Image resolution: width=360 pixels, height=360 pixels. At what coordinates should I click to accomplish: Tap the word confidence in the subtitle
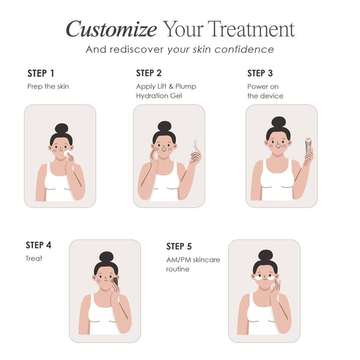point(245,49)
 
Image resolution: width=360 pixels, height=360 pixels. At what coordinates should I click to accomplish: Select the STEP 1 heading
point(41,73)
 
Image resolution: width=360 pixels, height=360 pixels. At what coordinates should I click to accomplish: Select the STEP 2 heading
point(149,73)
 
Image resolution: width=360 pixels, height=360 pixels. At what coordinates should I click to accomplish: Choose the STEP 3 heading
point(260,73)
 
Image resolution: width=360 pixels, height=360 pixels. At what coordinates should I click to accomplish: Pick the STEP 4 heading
point(38,245)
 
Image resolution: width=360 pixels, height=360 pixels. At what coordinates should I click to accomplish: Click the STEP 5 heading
point(179,246)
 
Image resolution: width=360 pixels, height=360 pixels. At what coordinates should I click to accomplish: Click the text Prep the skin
point(48,86)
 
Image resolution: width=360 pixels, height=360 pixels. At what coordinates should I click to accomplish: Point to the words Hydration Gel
point(159,96)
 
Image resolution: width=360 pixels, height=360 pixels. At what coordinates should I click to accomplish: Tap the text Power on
point(263,86)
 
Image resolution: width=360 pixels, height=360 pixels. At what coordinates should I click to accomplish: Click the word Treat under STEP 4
point(34,259)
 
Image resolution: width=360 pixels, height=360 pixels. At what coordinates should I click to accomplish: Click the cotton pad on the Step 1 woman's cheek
point(67,154)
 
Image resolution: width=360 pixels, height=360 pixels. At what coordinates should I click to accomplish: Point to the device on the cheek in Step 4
point(115,281)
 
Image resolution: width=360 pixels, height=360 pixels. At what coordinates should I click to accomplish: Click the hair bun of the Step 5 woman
point(265,252)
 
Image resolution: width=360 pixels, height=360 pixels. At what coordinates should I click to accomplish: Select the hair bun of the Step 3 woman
point(278,122)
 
